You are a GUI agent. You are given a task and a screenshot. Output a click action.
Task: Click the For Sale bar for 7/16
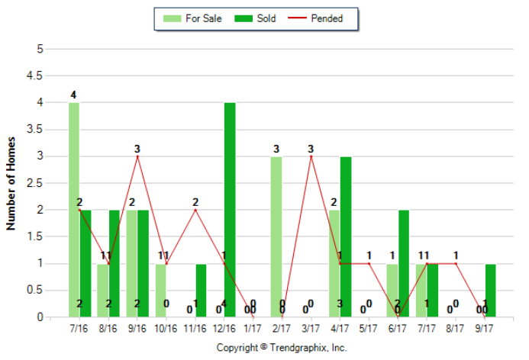click(x=74, y=210)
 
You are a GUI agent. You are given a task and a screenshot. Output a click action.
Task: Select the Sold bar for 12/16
click(x=230, y=210)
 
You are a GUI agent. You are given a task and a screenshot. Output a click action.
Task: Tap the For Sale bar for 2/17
click(x=276, y=236)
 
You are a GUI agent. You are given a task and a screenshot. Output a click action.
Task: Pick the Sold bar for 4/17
click(x=346, y=236)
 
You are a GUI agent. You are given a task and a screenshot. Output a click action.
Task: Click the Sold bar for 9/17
click(x=491, y=291)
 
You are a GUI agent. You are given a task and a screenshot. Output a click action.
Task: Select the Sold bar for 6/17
click(x=404, y=263)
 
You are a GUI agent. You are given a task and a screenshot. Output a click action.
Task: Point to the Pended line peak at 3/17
click(x=311, y=156)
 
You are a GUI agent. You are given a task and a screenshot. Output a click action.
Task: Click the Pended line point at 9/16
click(x=137, y=156)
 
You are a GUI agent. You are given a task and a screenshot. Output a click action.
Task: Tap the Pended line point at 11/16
click(x=195, y=210)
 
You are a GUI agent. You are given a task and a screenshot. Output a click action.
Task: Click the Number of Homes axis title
click(x=11, y=183)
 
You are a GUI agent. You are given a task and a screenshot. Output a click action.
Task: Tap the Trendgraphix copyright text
click(x=282, y=347)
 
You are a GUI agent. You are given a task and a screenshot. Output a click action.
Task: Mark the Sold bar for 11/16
click(x=201, y=291)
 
